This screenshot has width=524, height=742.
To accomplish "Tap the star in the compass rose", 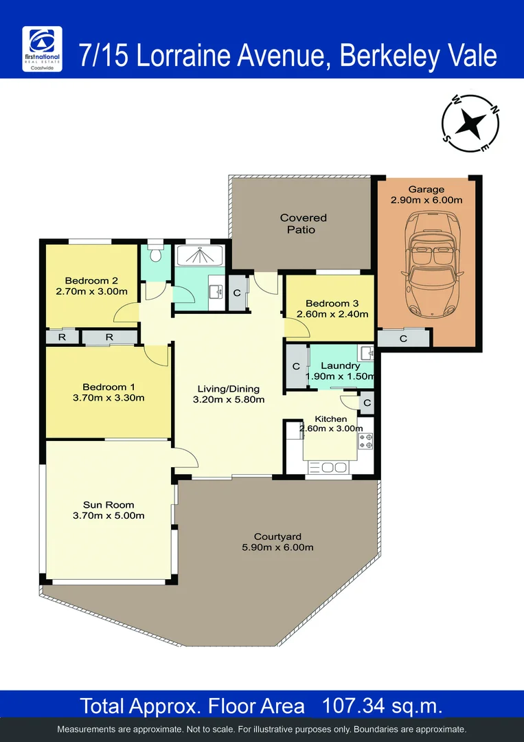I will pos(470,124).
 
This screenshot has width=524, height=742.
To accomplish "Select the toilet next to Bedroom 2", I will pos(156,253).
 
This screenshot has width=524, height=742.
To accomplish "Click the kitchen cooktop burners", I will pos(365,441).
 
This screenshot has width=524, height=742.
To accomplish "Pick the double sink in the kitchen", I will pos(329,467).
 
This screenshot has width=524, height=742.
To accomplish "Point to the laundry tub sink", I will pos(366,355).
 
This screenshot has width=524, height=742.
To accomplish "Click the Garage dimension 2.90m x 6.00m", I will pos(426,200).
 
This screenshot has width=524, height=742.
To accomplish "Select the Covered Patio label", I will pos(303,223).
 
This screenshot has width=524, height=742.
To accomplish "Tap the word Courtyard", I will pos(277,537).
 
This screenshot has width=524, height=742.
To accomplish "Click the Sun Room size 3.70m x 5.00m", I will pos(109,516).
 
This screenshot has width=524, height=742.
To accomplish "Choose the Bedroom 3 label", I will pos(332,304).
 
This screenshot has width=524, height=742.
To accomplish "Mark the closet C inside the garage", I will pos(402,339).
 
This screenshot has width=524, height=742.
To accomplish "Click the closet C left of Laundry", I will pos(296,366).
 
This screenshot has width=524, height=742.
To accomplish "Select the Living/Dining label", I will pos(229,389).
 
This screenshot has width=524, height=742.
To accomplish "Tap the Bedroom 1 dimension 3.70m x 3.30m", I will pos(109,398).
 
